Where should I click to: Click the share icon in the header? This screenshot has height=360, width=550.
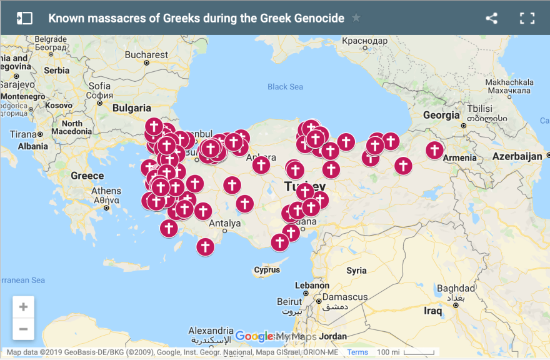click(x=492, y=18)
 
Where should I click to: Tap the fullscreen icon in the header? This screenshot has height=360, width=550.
click(x=527, y=18)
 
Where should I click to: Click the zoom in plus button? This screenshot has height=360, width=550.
click(x=23, y=307)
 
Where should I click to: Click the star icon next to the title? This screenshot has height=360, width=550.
click(x=356, y=18)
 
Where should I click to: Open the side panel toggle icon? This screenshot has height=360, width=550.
click(x=24, y=18)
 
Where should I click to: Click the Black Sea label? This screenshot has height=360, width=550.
click(x=285, y=87)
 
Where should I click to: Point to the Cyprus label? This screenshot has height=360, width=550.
click(x=267, y=270)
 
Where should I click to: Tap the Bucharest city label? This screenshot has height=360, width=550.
click(x=146, y=54)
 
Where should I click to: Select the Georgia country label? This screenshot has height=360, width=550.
click(x=441, y=115)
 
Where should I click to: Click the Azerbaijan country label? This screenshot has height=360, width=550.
click(x=517, y=156)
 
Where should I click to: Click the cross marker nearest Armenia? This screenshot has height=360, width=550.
click(x=435, y=150)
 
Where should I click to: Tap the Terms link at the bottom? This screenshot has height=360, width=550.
click(x=357, y=352)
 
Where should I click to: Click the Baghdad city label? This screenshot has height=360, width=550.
click(x=456, y=288)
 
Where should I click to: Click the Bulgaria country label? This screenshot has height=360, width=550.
click(x=132, y=107)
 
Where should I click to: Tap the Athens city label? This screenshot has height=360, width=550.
click(x=106, y=191)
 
